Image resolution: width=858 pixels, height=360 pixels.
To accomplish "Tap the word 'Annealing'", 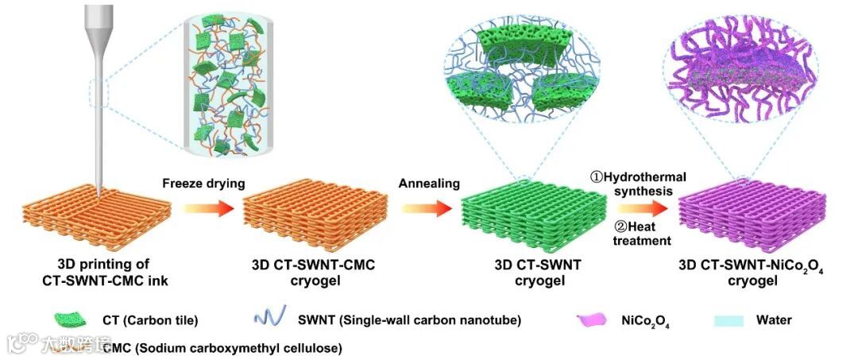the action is pos(430,184).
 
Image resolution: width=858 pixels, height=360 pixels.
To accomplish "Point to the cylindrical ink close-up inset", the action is pos(223,80).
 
